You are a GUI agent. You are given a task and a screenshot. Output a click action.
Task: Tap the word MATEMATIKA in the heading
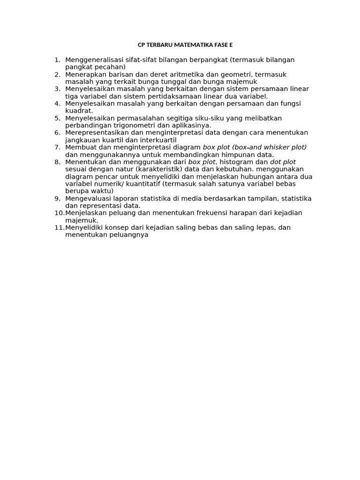tap(191, 45)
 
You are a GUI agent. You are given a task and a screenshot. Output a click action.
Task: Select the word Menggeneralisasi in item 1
tap(92, 60)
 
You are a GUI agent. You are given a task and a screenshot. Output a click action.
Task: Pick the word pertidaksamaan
tap(167, 96)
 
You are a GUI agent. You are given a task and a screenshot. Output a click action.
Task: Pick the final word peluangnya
tap(127, 235)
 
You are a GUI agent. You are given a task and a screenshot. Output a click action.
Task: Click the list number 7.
tap(58, 147)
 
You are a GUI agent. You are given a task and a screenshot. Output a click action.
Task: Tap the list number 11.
tap(59, 227)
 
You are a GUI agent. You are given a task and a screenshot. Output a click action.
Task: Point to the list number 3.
tap(58, 89)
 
